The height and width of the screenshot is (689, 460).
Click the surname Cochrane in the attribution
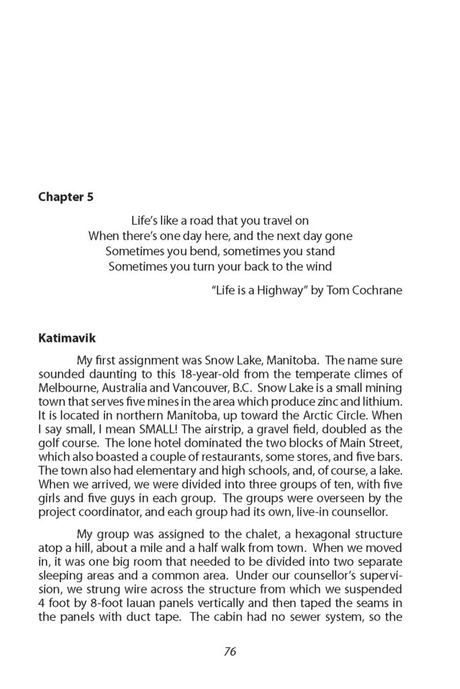378,293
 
